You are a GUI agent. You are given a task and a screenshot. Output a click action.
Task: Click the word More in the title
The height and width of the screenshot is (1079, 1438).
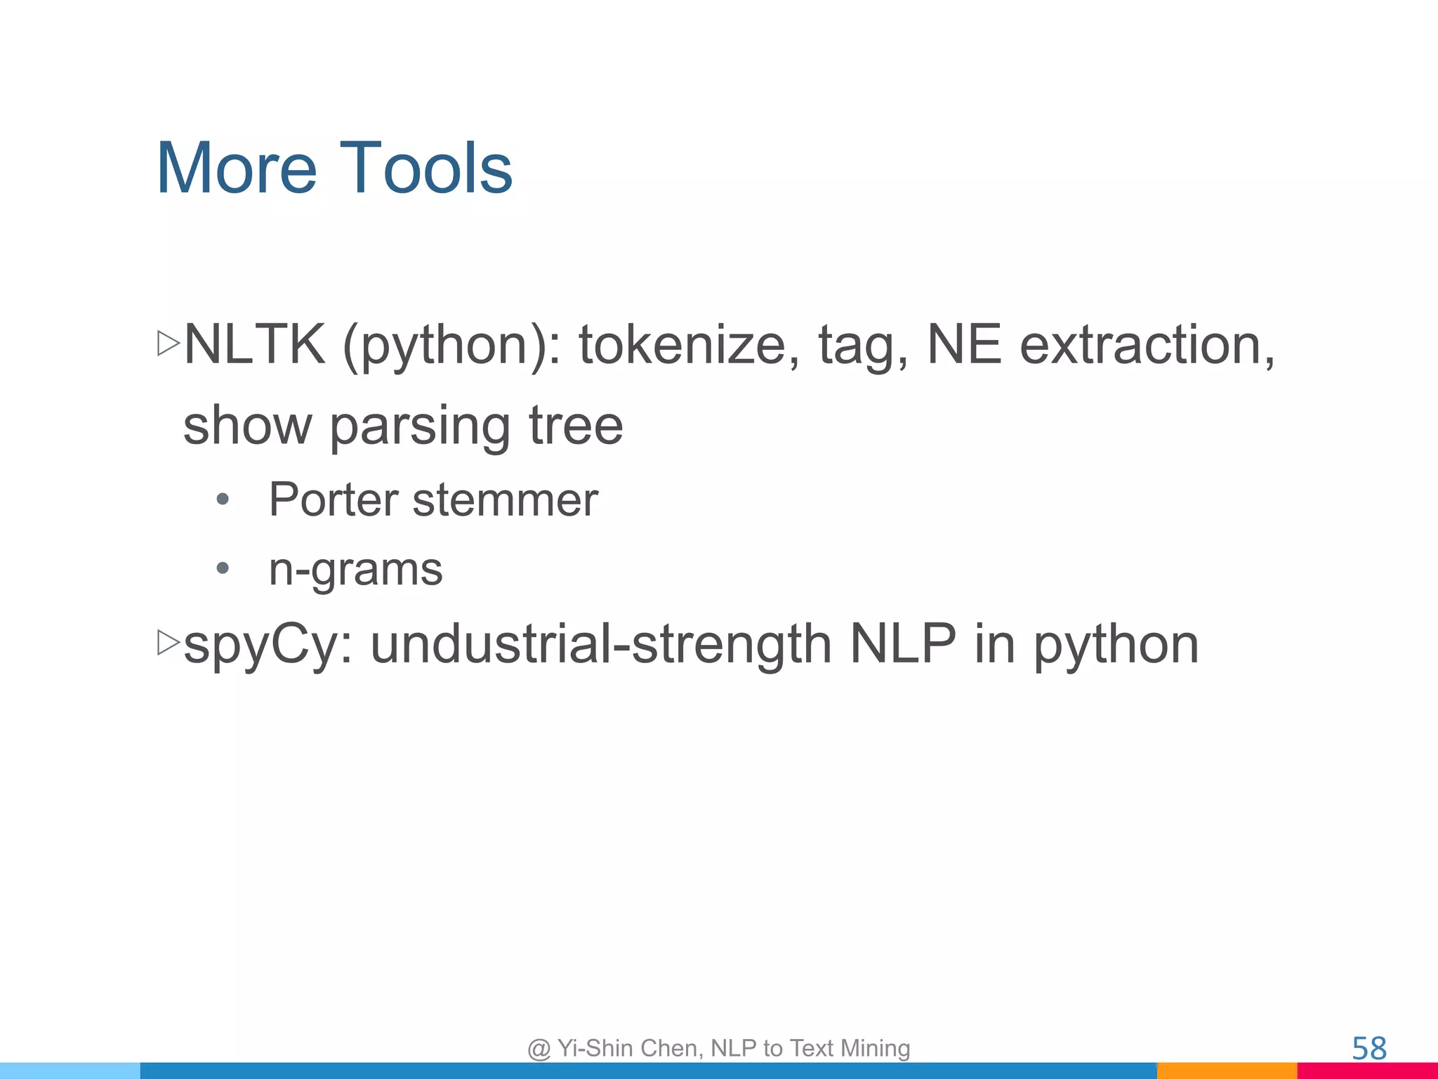click(x=236, y=169)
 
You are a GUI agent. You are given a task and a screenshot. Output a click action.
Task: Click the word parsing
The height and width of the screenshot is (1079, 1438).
click(x=419, y=427)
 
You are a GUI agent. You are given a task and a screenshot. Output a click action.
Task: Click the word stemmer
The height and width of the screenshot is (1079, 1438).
click(x=505, y=500)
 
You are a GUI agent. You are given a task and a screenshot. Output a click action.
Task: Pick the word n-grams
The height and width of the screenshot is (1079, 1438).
click(x=355, y=569)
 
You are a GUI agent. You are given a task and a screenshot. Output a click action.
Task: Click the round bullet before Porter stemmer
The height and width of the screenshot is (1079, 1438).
click(x=223, y=500)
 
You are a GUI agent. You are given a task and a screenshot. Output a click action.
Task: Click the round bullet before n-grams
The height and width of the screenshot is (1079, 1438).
click(x=223, y=568)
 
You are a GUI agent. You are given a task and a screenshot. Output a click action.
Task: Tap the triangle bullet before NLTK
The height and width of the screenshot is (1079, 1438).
click(x=169, y=344)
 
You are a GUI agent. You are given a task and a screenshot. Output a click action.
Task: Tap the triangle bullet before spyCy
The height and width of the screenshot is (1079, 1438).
click(x=169, y=642)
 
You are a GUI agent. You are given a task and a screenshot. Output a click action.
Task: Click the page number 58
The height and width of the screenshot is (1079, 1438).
click(x=1368, y=1049)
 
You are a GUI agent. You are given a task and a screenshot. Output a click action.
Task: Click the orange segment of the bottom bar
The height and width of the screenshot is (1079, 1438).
click(x=1226, y=1071)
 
